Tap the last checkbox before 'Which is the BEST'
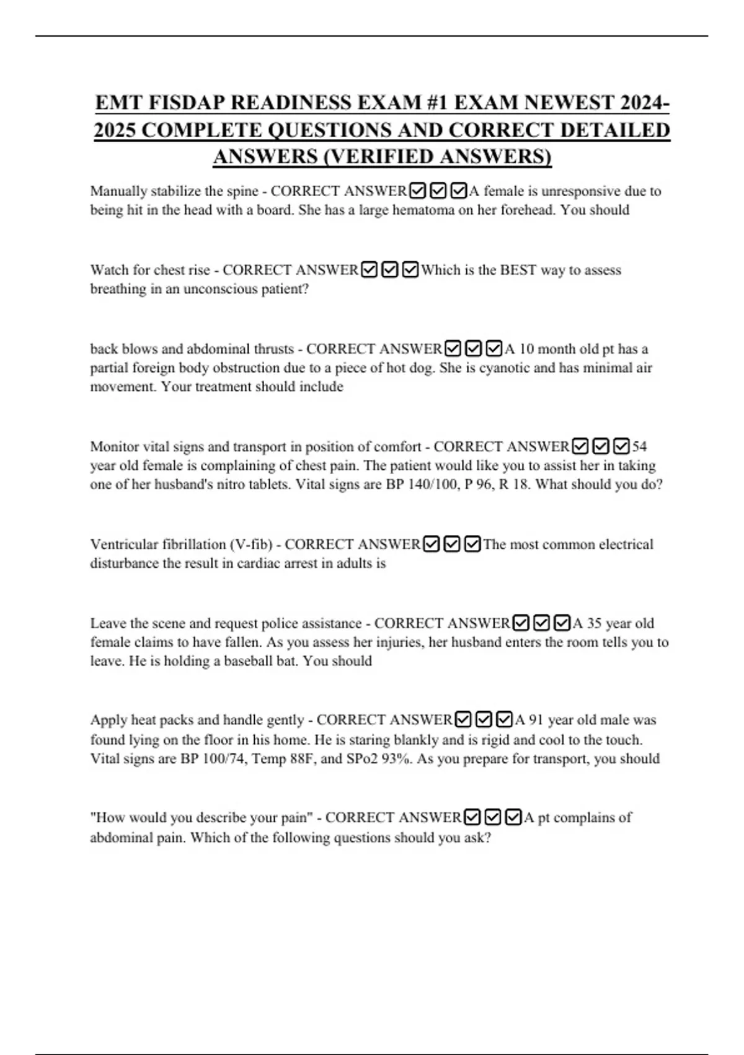[410, 270]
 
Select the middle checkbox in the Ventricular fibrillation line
[452, 544]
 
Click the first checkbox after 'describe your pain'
[472, 817]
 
